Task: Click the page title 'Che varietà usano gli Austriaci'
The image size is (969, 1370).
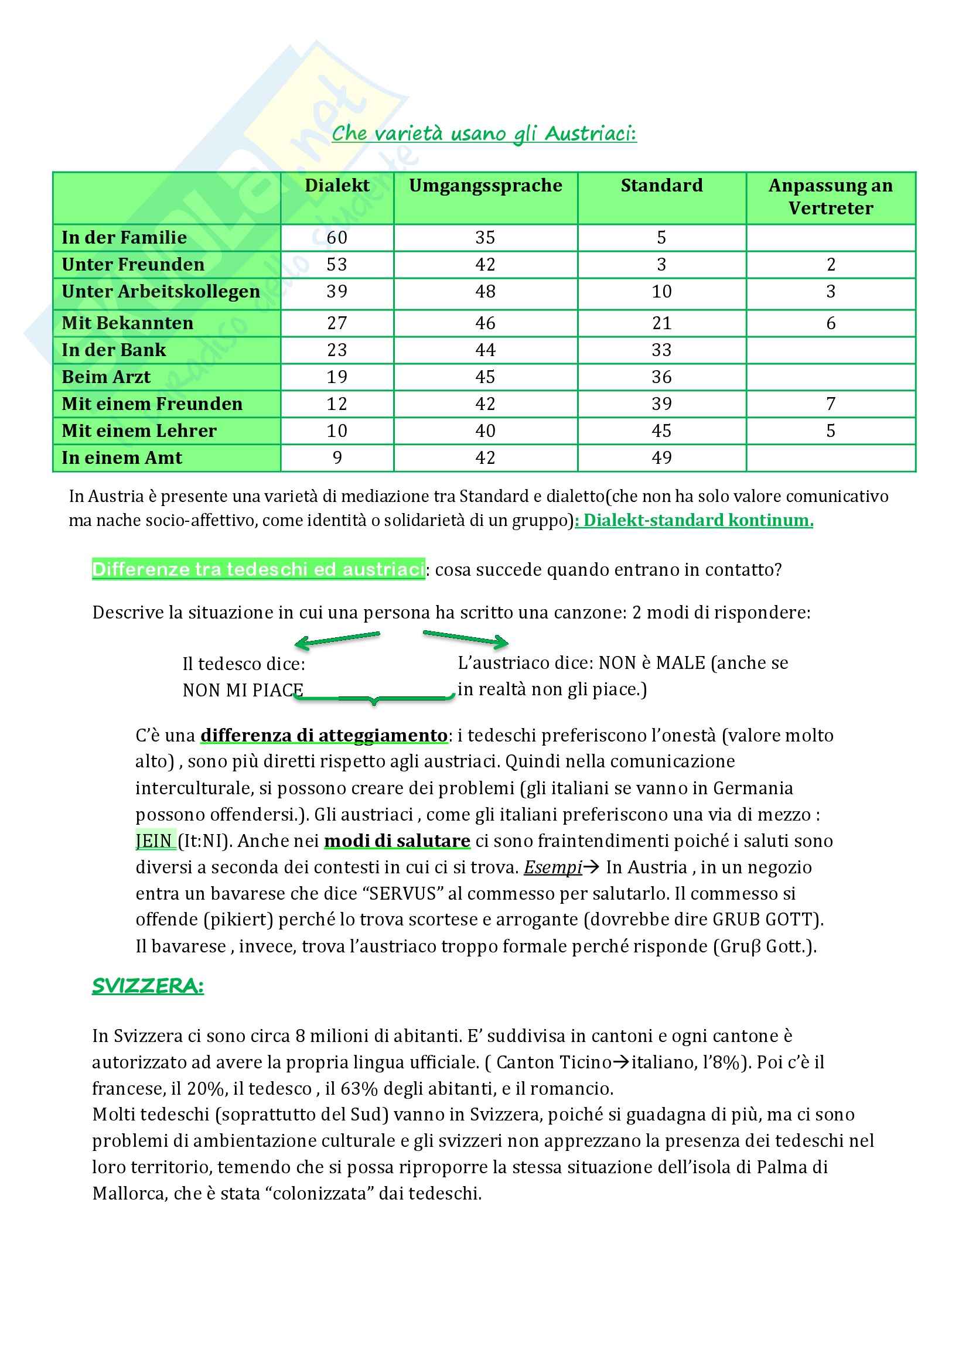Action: [x=484, y=133]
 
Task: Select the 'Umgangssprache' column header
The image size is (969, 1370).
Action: [x=485, y=186]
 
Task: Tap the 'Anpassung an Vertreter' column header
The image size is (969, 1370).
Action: [x=830, y=196]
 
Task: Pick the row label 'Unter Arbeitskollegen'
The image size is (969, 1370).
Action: [x=161, y=292]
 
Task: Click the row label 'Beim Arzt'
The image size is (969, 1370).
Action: [x=105, y=377]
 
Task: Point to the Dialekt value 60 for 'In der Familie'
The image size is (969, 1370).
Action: [x=336, y=237]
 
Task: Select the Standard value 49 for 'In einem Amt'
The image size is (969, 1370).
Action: [x=661, y=457]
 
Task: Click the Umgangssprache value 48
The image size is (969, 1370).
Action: [x=485, y=292]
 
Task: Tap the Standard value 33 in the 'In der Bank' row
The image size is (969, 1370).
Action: [x=661, y=350]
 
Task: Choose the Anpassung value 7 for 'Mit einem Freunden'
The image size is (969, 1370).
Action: [x=830, y=404]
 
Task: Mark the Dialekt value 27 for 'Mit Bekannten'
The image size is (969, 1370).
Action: [x=336, y=323]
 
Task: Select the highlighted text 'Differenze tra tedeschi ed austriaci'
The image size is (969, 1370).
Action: [x=258, y=569]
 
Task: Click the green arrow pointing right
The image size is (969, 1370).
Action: [x=466, y=638]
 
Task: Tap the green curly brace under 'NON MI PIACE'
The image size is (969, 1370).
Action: [x=375, y=698]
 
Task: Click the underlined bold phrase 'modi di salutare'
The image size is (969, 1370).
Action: [x=397, y=841]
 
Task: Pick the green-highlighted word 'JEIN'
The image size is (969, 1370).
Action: [x=154, y=841]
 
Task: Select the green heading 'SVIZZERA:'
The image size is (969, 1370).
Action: [x=148, y=986]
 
